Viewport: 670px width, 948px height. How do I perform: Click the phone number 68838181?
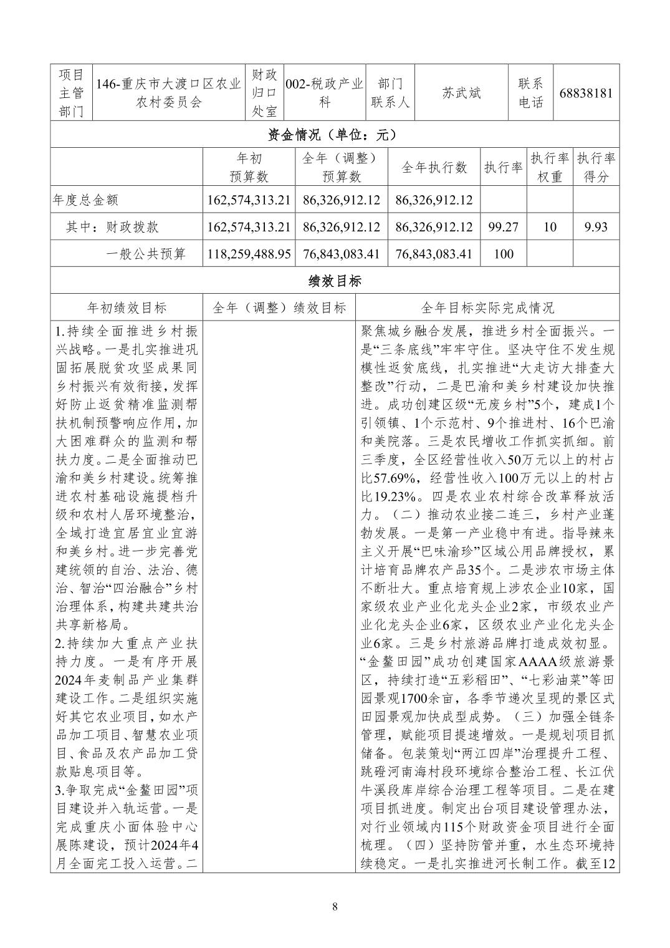tap(586, 93)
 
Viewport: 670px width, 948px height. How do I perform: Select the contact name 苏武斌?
tap(461, 93)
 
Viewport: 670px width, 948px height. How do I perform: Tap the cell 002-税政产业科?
tap(324, 93)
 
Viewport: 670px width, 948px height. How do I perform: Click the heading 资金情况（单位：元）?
tap(335, 135)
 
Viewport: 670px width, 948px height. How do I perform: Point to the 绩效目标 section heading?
tap(335, 281)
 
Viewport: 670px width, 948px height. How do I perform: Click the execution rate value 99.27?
tap(503, 227)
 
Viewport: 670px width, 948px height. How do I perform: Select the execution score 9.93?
tap(596, 227)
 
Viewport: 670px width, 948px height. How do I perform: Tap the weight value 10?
tap(549, 227)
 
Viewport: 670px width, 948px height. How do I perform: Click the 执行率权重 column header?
tap(549, 167)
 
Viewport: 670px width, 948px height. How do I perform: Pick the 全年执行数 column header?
tap(434, 167)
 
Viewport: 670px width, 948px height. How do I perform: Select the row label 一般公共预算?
tap(146, 254)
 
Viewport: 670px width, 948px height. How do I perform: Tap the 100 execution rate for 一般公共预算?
tap(503, 254)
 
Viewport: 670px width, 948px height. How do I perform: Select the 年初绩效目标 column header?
tap(127, 308)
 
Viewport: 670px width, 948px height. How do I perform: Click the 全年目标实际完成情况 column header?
tap(487, 308)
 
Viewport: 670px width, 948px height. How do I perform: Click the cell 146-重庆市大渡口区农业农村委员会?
tap(168, 93)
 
